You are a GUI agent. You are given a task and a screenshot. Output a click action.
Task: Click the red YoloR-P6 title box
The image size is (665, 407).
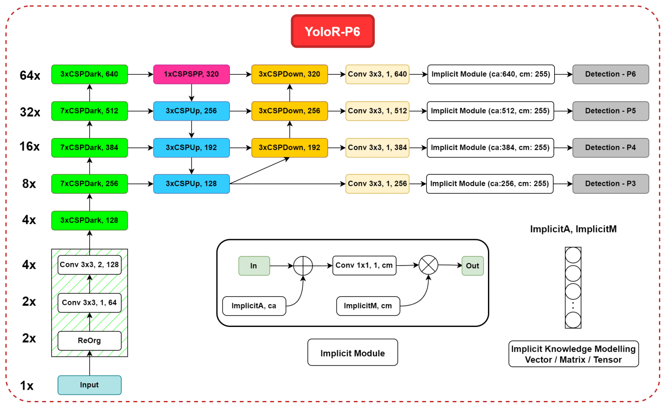(x=332, y=31)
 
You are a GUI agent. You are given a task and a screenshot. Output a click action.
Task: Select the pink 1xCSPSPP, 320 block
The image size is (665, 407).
(x=191, y=74)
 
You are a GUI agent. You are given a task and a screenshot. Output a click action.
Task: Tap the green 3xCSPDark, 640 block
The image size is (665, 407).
(x=89, y=74)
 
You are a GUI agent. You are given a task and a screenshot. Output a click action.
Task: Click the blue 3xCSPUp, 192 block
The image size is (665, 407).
(x=191, y=148)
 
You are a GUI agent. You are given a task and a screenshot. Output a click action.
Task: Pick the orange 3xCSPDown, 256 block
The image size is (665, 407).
(x=290, y=111)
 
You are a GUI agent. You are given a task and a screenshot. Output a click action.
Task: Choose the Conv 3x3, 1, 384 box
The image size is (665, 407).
(x=377, y=148)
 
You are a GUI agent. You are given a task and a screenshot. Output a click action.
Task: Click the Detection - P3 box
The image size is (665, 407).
(x=610, y=184)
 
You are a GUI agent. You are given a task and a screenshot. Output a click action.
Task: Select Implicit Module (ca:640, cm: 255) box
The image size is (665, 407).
(x=491, y=74)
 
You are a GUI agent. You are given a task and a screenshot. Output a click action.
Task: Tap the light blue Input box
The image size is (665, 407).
(x=89, y=385)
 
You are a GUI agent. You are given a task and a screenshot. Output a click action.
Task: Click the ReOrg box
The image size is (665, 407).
(x=89, y=341)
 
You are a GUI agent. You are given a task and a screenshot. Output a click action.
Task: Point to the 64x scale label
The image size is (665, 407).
(x=30, y=76)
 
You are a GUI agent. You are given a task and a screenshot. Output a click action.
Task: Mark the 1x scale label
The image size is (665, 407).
(x=27, y=386)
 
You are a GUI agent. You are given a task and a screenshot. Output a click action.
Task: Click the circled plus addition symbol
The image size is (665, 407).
(x=303, y=266)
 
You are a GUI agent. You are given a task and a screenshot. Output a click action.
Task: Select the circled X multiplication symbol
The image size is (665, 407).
(x=428, y=265)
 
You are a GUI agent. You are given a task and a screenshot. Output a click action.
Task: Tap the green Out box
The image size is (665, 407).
(x=472, y=266)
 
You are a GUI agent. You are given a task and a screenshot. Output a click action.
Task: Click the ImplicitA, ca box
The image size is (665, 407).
(x=254, y=306)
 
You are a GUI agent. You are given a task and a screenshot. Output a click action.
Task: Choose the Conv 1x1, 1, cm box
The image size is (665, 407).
(x=364, y=266)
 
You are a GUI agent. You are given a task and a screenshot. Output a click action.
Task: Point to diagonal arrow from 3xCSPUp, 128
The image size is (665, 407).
(x=260, y=171)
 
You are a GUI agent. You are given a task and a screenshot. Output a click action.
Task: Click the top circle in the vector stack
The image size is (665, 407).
(x=573, y=255)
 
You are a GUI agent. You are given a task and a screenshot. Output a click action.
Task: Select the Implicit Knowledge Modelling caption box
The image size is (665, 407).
(x=573, y=354)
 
